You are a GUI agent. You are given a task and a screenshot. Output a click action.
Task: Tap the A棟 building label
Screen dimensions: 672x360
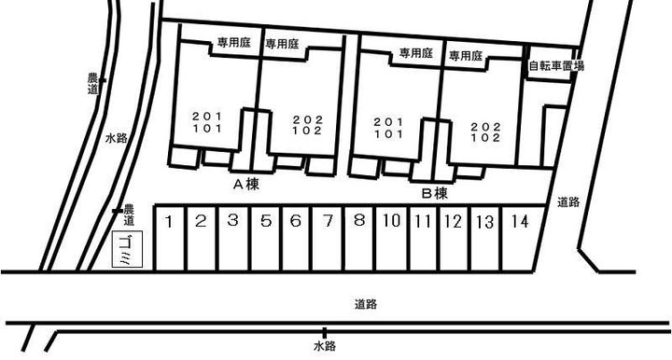coord(245,186)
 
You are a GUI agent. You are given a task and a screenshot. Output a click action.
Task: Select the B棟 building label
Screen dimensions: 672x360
coord(435,194)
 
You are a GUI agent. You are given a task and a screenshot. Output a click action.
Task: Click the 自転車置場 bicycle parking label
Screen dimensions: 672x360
coord(555,66)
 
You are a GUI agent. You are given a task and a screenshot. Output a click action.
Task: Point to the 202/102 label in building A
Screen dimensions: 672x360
coord(306,126)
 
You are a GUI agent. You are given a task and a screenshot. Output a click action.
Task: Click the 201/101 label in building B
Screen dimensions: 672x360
coord(388,128)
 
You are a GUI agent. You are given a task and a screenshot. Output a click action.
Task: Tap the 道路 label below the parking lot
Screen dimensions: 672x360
coord(367,304)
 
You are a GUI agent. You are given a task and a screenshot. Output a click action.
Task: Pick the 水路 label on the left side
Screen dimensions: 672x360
coord(116,139)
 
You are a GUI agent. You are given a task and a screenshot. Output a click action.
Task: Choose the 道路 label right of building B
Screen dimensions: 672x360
coord(568,201)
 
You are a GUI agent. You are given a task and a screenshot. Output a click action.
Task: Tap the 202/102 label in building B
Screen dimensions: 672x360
coord(485,132)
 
